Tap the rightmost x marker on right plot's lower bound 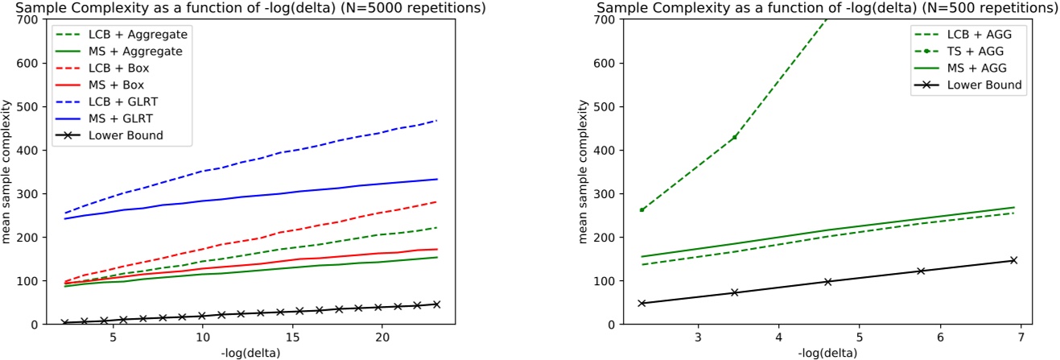1014,260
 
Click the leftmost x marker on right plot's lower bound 641,303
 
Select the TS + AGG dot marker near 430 734,137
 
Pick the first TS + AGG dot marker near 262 641,209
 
